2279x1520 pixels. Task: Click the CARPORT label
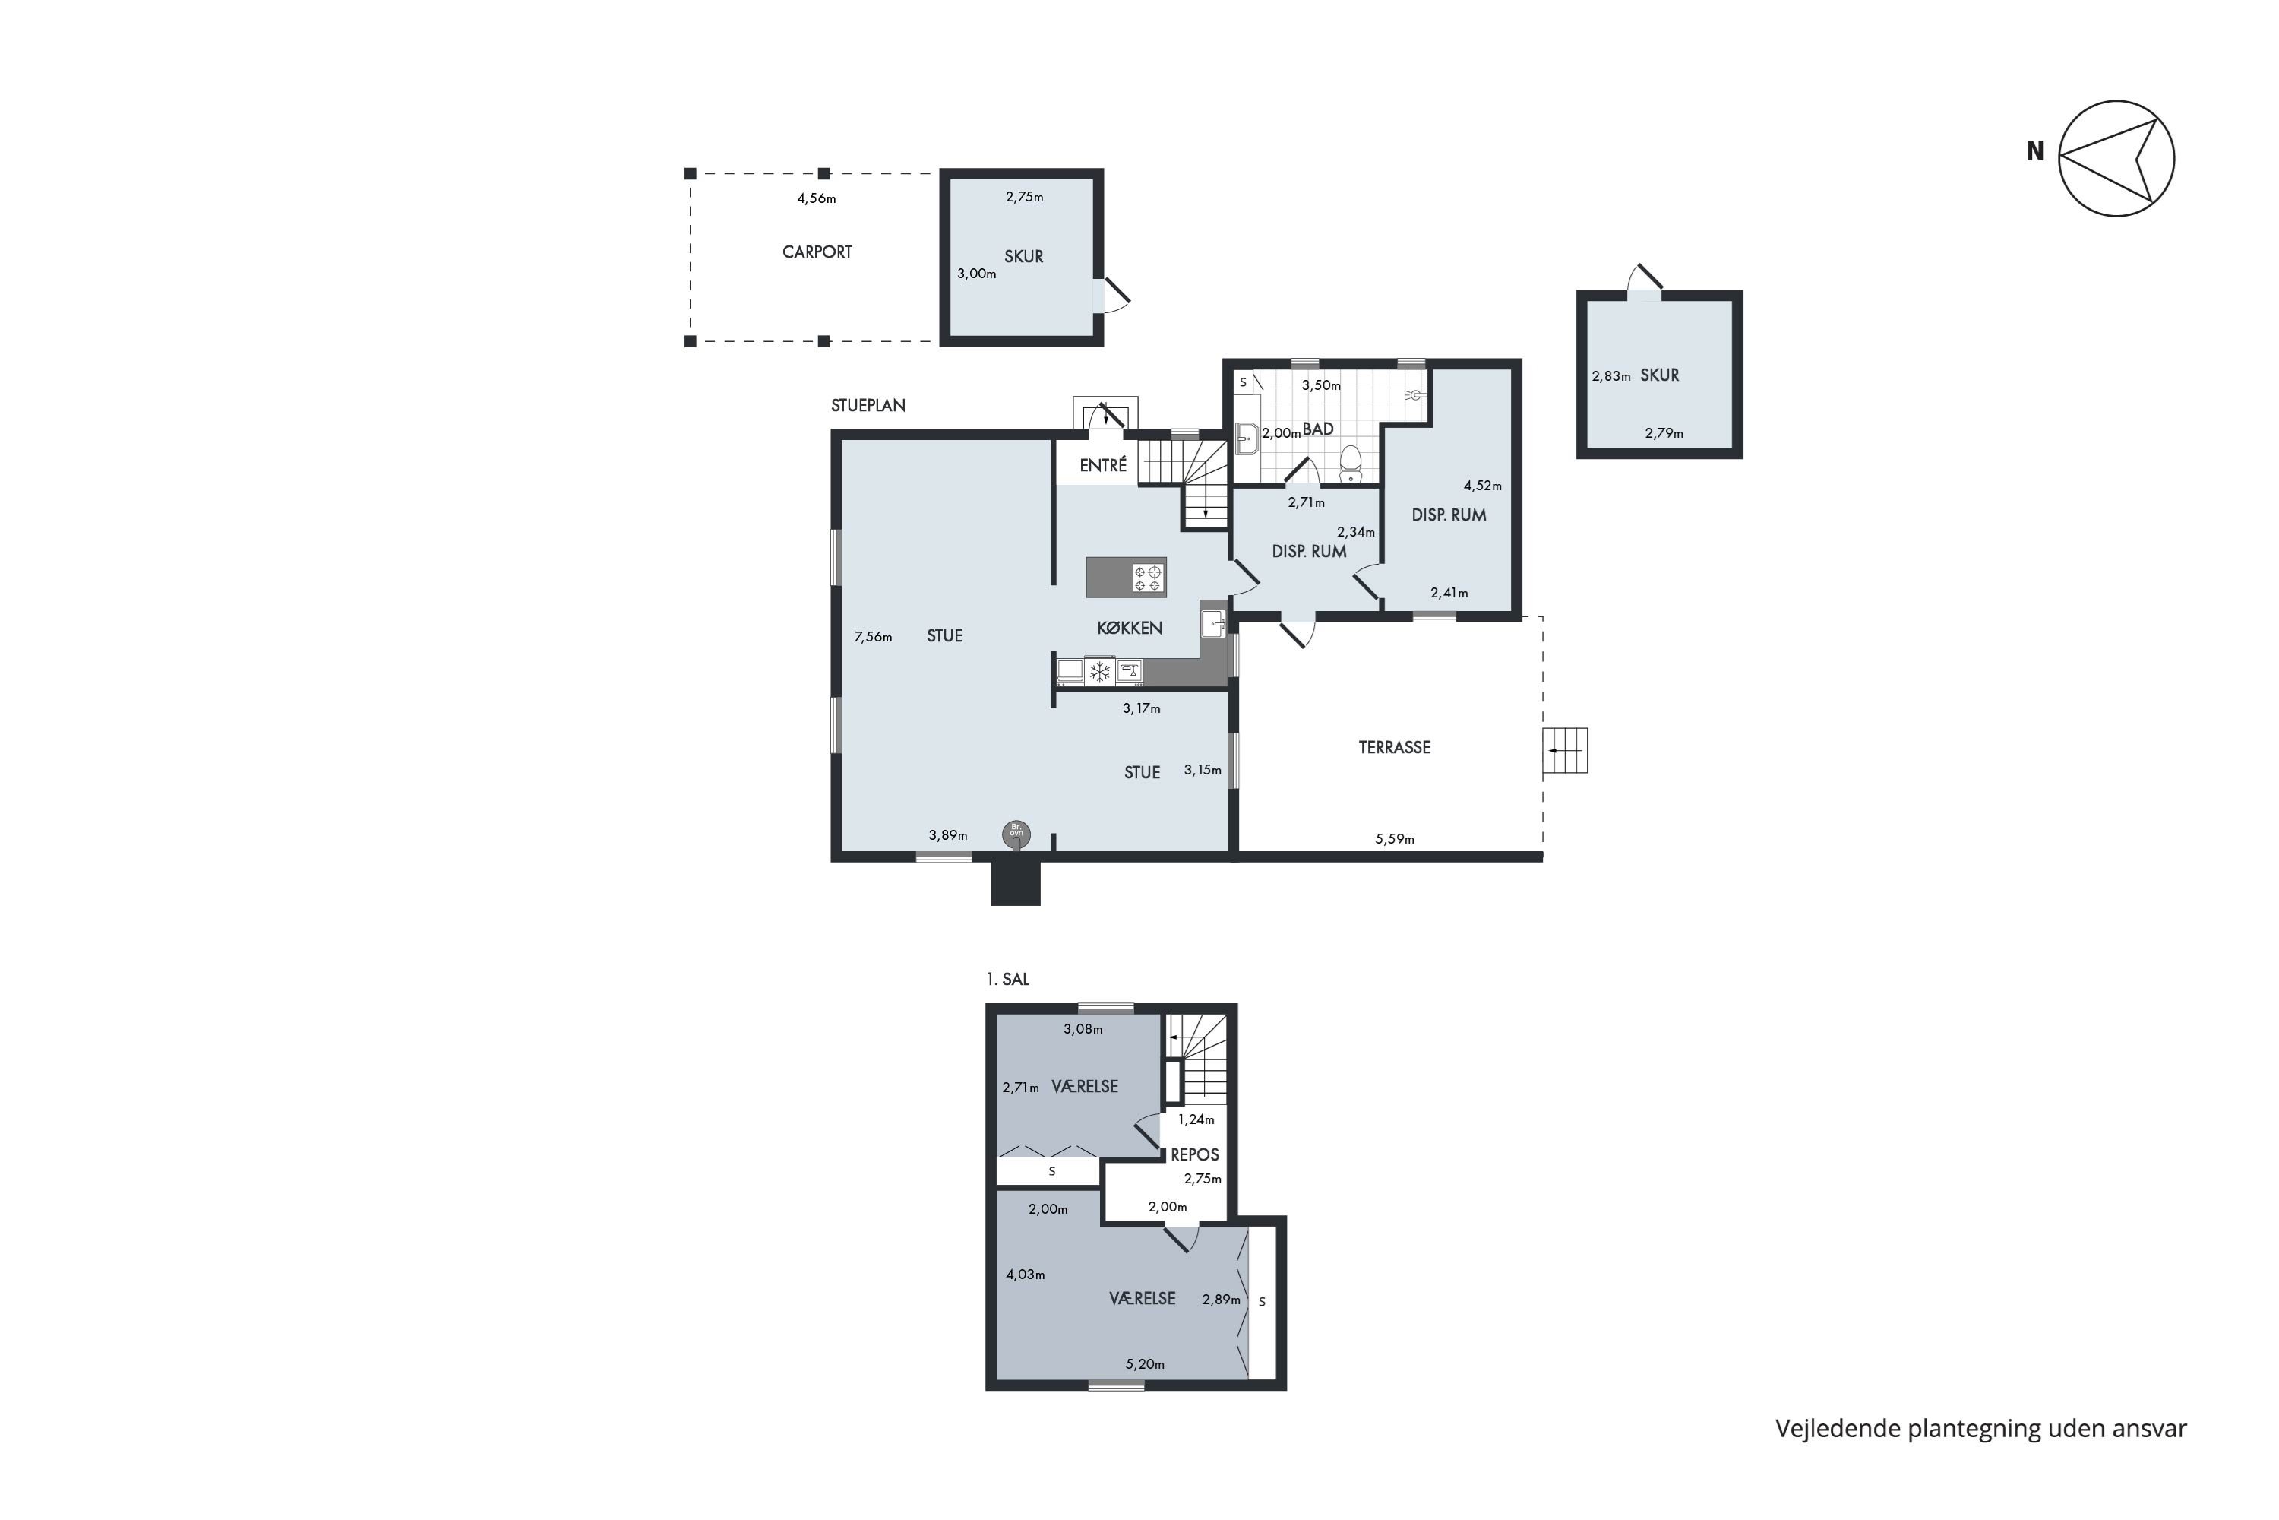pos(817,252)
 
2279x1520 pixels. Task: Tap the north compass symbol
pos(2116,158)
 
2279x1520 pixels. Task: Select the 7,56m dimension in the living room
pos(873,637)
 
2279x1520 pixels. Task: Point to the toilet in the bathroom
pos(1351,464)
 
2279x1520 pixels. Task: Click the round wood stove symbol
pos(1016,834)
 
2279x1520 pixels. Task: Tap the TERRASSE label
pos(1394,747)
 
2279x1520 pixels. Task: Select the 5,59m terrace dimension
pos(1394,840)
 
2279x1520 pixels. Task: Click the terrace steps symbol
pos(1565,750)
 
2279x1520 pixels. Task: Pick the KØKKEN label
pos(1130,629)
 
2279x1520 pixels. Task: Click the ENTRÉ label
pos(1104,465)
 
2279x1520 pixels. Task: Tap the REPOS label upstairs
pos(1195,1154)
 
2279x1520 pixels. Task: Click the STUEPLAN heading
pos(868,405)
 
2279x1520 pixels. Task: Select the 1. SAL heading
pos(1008,979)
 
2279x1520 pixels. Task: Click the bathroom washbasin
pos(1247,439)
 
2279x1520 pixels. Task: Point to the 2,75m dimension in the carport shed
pos(1024,197)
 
